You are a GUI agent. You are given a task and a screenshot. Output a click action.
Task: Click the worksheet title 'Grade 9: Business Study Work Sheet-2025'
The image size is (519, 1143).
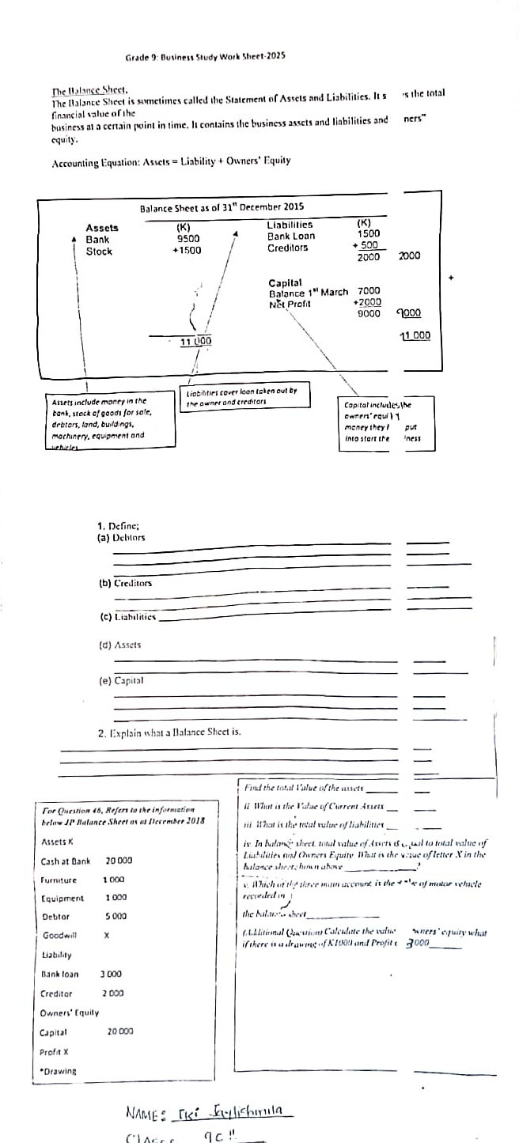[x=205, y=57]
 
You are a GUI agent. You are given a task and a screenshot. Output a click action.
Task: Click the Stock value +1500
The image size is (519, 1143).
[x=187, y=251]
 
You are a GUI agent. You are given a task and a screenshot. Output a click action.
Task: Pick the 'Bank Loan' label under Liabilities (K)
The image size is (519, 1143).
[x=290, y=236]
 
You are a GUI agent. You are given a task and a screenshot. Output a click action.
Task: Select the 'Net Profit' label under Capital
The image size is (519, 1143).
[x=290, y=304]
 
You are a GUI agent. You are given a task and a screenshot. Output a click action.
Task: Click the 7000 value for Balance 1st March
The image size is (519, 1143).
[x=369, y=292]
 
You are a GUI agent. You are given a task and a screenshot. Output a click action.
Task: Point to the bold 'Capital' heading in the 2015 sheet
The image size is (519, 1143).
[x=285, y=282]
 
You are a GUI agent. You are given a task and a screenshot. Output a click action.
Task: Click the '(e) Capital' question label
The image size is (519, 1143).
[x=119, y=680]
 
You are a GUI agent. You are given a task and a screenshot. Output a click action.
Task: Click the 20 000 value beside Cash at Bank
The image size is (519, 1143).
[x=119, y=860]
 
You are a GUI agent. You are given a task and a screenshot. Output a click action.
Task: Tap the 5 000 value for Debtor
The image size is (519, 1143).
[x=116, y=916]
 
